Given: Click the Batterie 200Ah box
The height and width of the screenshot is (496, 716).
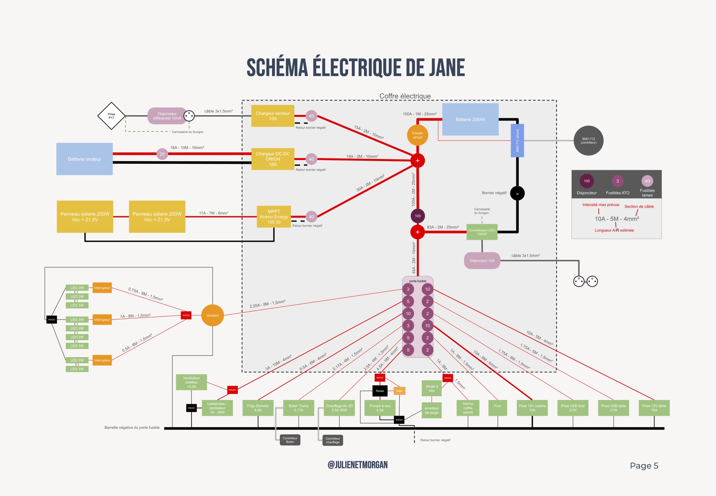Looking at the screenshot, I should click(470, 119).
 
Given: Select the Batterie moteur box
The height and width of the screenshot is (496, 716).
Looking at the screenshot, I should click(84, 159).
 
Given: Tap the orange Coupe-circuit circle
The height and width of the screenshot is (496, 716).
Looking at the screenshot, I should click(417, 135).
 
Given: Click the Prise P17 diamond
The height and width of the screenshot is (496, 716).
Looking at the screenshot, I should click(111, 116).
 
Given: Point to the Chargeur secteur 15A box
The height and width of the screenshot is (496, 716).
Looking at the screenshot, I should click(272, 116).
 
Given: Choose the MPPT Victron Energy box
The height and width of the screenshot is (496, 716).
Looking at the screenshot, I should click(274, 217).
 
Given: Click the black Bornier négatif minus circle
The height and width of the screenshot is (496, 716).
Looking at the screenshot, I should click(517, 193).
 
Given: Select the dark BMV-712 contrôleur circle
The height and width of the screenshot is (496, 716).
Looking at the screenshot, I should click(588, 141).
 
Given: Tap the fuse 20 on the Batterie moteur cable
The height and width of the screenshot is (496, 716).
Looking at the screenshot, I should click(162, 154).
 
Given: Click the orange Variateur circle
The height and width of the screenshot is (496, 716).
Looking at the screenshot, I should click(213, 315).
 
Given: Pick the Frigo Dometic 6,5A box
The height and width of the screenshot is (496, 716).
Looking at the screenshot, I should click(258, 408).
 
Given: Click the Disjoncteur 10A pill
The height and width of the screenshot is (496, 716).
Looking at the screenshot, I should click(482, 261).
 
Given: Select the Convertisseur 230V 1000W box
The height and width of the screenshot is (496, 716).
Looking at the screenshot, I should click(482, 232).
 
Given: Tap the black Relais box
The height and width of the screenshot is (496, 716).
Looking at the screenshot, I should click(380, 391).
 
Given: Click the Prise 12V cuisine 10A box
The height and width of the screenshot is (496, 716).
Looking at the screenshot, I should click(532, 408).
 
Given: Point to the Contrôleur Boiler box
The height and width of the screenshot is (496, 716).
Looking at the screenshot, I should click(290, 440).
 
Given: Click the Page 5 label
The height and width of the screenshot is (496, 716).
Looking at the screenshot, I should click(644, 466).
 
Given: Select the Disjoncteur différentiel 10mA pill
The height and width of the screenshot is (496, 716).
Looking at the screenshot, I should click(167, 116).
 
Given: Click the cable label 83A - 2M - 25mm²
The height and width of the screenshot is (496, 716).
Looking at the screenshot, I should click(443, 227).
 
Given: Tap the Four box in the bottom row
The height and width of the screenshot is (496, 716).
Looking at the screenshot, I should click(497, 408).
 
